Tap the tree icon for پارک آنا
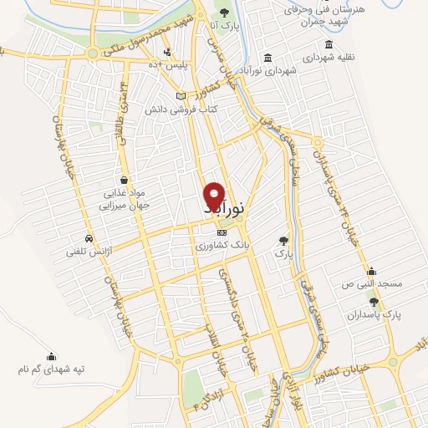(x=223, y=11)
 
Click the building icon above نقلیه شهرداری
(x=329, y=44)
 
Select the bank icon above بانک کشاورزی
(x=221, y=233)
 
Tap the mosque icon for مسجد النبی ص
(x=371, y=271)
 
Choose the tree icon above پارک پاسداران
(x=374, y=302)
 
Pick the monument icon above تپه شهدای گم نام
(x=51, y=354)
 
